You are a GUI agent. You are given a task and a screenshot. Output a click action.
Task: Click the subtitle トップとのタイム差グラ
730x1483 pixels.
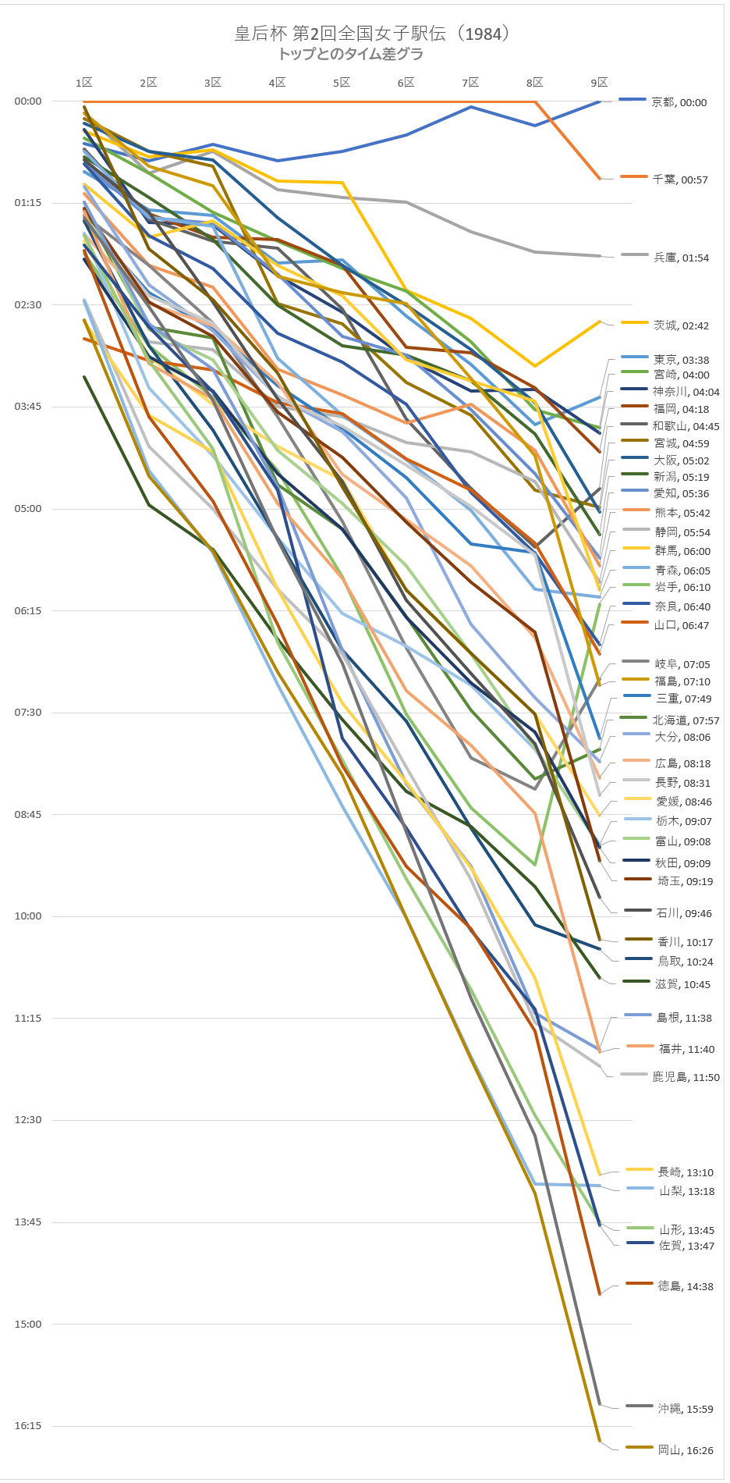(350, 54)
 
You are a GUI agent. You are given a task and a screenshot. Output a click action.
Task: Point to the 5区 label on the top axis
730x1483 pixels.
(342, 83)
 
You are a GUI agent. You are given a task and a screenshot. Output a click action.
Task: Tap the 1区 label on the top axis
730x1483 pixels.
(84, 83)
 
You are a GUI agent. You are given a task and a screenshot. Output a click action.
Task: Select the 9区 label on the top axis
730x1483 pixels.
(599, 83)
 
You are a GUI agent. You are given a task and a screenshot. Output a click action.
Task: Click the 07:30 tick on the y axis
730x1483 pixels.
(28, 712)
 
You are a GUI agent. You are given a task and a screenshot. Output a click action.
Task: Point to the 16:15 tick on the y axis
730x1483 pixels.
(28, 1425)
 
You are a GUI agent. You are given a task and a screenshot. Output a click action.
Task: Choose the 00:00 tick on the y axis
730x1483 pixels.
(28, 101)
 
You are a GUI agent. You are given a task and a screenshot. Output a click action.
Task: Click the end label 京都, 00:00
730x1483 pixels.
(679, 102)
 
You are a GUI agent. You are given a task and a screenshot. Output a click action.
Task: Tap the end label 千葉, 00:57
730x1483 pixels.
(680, 180)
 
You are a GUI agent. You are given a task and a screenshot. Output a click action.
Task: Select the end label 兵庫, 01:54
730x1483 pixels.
(681, 258)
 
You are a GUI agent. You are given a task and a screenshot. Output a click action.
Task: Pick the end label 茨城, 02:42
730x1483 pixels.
(681, 325)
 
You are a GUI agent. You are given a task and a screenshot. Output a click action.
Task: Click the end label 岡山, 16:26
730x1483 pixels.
(686, 1450)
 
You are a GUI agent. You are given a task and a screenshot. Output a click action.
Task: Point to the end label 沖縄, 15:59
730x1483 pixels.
(686, 1409)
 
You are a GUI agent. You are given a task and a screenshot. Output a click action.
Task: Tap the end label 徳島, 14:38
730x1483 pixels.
(686, 1286)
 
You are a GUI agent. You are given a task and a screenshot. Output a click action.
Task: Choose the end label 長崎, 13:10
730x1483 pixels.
(686, 1172)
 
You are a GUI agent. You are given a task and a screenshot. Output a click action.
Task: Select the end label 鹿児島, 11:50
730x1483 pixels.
(686, 1077)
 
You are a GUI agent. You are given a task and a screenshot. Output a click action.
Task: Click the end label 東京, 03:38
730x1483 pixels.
(681, 360)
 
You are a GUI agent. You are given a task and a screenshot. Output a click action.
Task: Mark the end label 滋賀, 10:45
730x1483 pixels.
(682, 984)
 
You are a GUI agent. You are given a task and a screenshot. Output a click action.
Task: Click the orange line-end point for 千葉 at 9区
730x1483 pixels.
(600, 179)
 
